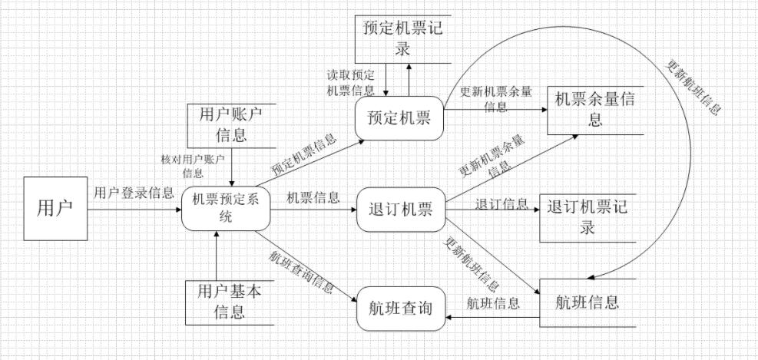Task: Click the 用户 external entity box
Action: pos(55,207)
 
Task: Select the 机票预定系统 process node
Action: pos(226,208)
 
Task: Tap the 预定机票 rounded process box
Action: pos(399,119)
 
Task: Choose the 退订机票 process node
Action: pos(400,208)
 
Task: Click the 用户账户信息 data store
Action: pos(231,124)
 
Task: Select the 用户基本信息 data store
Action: pos(231,302)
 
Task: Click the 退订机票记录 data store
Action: pos(588,217)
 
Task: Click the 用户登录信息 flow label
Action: pos(134,193)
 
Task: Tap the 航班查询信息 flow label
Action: pos(301,272)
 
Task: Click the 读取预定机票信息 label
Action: pos(350,83)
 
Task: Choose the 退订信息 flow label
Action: pos(501,203)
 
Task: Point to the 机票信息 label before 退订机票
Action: pos(313,198)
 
